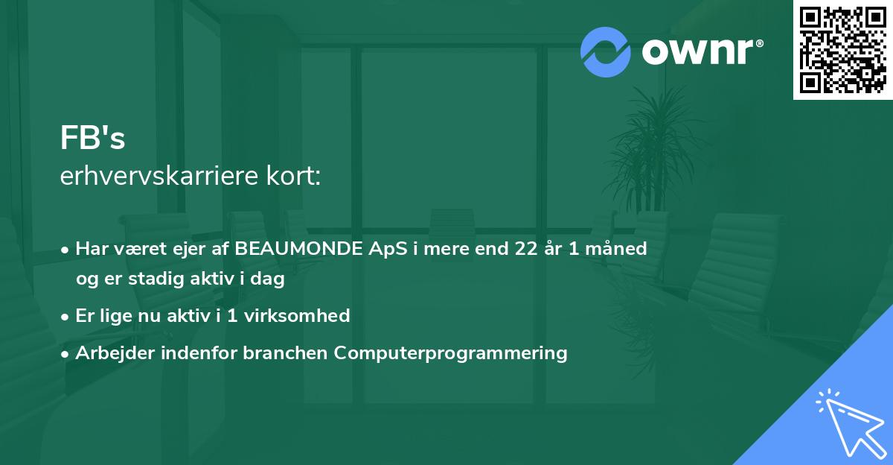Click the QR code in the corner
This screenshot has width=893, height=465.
click(842, 49)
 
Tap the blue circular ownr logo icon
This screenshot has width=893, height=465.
click(605, 52)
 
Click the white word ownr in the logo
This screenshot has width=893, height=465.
click(698, 51)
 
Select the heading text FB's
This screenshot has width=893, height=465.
click(92, 138)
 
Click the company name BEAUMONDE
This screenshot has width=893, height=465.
click(298, 248)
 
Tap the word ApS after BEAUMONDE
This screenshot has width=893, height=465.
click(388, 250)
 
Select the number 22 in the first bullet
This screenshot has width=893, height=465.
click(526, 248)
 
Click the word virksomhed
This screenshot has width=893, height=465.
click(297, 315)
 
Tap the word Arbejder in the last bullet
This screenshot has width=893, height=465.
click(115, 352)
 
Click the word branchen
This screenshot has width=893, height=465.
click(285, 352)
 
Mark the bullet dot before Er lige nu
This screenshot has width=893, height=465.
click(65, 317)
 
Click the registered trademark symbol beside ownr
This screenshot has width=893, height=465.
click(760, 43)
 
